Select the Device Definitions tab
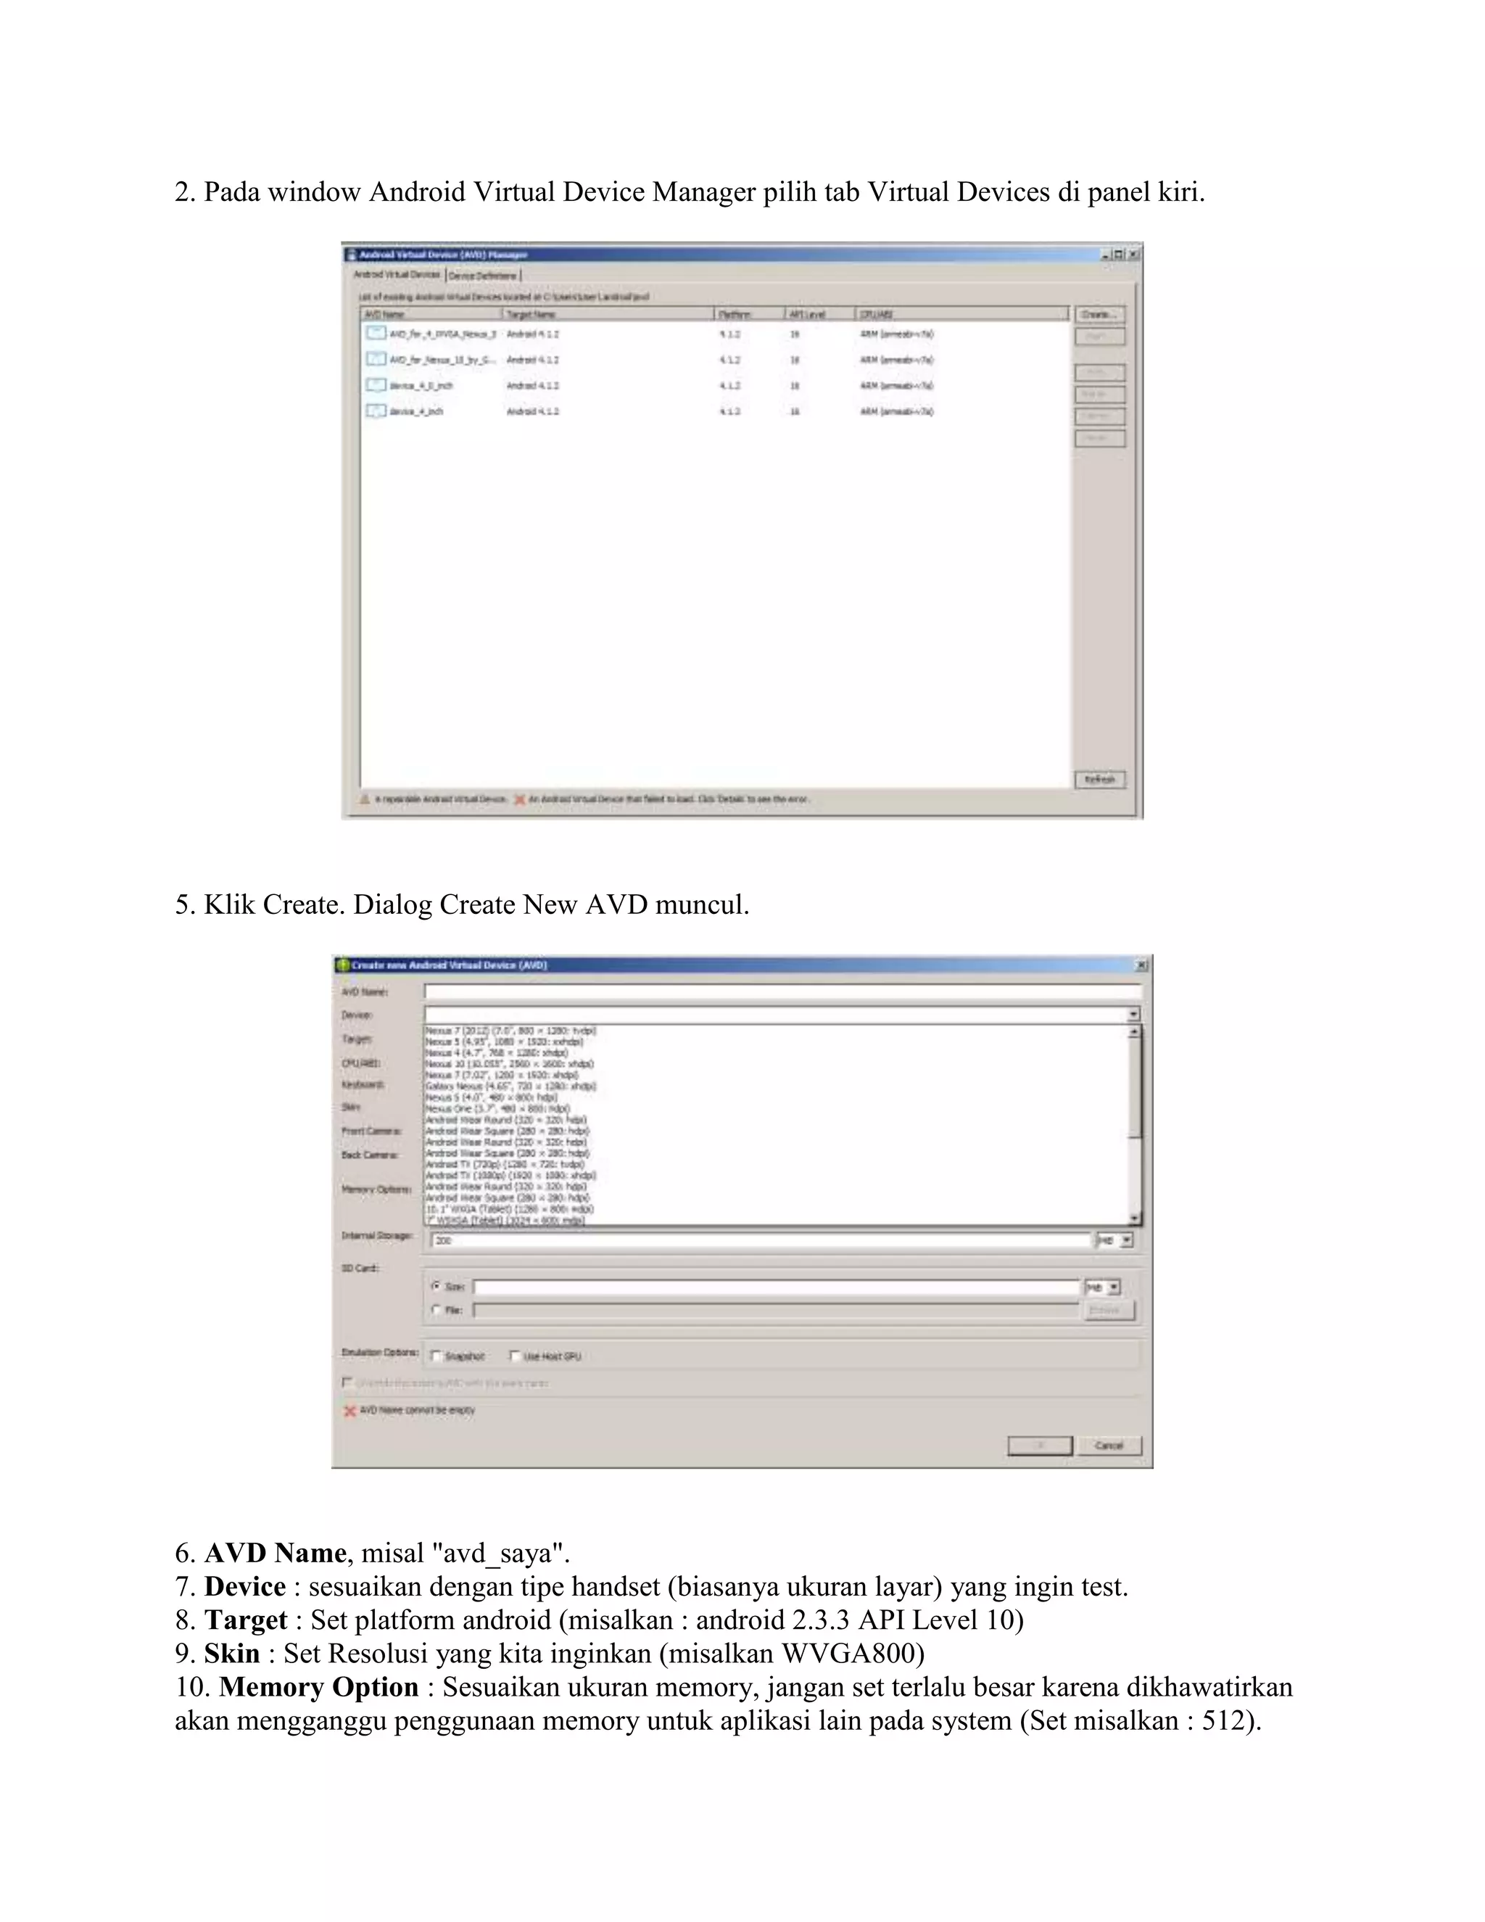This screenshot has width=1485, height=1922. point(483,276)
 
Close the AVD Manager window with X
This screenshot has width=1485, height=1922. point(1134,255)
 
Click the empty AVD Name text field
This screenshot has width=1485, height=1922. point(781,991)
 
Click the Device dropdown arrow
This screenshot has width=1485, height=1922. point(1133,1015)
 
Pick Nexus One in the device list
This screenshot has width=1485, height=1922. point(497,1109)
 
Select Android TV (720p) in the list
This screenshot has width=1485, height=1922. point(504,1164)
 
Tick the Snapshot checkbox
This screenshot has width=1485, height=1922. point(437,1356)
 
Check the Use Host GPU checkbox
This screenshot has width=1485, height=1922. point(516,1356)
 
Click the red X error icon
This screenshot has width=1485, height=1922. point(349,1411)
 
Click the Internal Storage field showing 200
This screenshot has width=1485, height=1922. point(761,1240)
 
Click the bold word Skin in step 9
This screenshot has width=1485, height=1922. point(232,1654)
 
